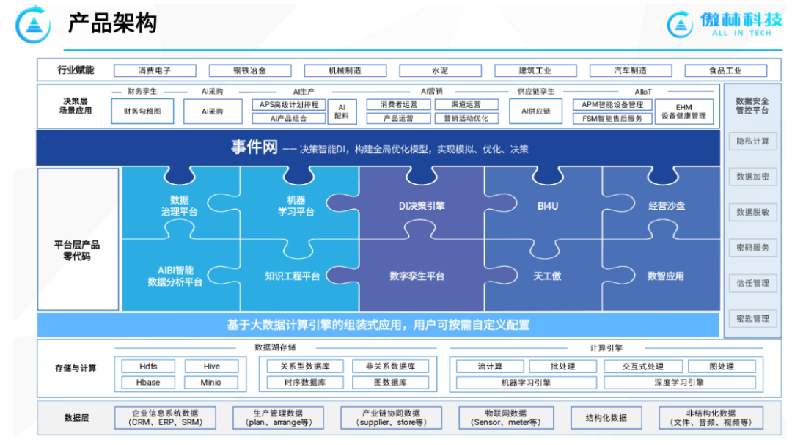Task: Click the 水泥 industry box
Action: [440, 70]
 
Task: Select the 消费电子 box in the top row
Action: [155, 70]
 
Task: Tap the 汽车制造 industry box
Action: [630, 70]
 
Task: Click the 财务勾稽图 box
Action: [142, 111]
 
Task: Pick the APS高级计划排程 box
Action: [289, 105]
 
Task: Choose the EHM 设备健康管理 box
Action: [683, 111]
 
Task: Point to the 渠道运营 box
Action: [466, 105]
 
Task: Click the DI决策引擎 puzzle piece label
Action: [422, 206]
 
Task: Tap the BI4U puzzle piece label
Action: [547, 206]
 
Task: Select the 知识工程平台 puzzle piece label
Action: [293, 276]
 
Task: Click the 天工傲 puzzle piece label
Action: [547, 276]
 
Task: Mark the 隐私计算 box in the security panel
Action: [752, 141]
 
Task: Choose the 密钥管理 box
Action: [752, 318]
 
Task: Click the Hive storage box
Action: [211, 367]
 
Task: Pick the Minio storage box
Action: [211, 382]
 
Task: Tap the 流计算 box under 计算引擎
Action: [490, 367]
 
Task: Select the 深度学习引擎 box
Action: [679, 382]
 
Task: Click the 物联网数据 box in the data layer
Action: [505, 418]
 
